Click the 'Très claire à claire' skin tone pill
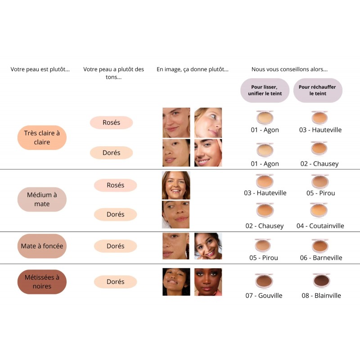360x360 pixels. [x=42, y=138]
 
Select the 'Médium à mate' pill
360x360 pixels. [x=42, y=199]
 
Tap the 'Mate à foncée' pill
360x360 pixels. [x=42, y=246]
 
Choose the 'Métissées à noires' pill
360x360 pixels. [x=42, y=282]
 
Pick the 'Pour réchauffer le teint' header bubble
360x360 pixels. [x=317, y=90]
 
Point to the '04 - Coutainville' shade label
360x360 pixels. [x=320, y=226]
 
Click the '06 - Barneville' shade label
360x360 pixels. [x=321, y=258]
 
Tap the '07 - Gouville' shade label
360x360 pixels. [x=264, y=296]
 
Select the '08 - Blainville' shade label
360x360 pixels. [x=321, y=296]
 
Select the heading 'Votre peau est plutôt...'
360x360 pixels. [x=40, y=69]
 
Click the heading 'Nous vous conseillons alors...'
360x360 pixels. [x=289, y=69]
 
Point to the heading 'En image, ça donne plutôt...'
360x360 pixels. [x=193, y=69]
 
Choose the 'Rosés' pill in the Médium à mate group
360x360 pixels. [x=115, y=185]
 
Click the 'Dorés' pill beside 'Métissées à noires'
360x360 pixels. [x=115, y=282]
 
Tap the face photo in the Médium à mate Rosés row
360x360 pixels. [x=176, y=185]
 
